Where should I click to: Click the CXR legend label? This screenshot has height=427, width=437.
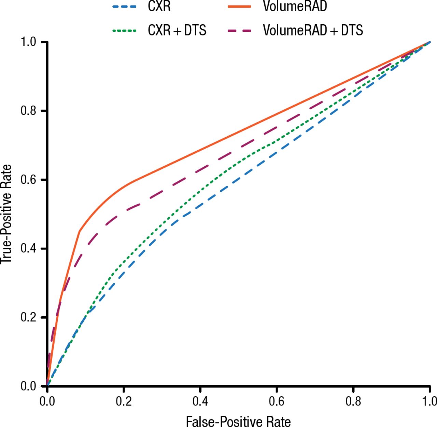[x=159, y=6]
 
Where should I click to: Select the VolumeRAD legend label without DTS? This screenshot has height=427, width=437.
[x=295, y=6]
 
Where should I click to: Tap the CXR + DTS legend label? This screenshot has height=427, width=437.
[x=177, y=30]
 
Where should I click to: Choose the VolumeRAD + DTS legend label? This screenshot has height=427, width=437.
[x=313, y=30]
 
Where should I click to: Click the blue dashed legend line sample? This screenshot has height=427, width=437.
[x=125, y=6]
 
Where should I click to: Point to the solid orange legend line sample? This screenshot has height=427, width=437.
[x=239, y=6]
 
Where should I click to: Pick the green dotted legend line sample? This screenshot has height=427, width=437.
[x=125, y=31]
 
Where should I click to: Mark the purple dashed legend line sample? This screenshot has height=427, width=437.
[x=239, y=31]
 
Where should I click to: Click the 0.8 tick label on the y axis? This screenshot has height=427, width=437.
[x=29, y=111]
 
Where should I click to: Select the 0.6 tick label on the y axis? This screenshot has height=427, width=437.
[x=29, y=180]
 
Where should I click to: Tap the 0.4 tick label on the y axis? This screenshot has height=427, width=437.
[x=29, y=248]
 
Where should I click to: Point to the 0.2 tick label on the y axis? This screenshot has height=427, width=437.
[x=29, y=317]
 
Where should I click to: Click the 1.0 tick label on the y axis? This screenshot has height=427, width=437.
[x=29, y=42]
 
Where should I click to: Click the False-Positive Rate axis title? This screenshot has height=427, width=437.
[x=238, y=421]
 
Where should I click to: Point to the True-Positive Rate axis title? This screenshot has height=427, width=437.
[x=7, y=214]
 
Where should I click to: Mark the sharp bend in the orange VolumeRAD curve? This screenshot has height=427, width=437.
[x=80, y=231]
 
